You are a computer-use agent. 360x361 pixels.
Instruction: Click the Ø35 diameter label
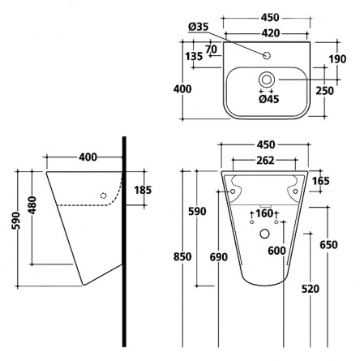(x=199, y=27)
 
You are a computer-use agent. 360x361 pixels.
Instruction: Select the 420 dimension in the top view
(x=271, y=33)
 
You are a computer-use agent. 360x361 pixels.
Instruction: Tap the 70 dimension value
(x=211, y=49)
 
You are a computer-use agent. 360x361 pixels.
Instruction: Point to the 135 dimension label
(x=194, y=57)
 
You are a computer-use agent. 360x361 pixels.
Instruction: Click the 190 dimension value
(x=337, y=59)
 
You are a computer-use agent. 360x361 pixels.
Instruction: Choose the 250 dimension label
(x=325, y=91)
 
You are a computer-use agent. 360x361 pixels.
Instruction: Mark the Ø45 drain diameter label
(x=268, y=99)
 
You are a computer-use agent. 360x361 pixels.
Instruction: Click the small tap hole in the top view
(x=267, y=56)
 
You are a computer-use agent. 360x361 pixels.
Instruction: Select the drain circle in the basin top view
(x=267, y=80)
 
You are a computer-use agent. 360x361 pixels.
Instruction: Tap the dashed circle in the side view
(x=103, y=196)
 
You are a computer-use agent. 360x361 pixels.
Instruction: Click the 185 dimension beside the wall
(x=143, y=190)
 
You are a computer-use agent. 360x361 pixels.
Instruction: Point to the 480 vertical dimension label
(x=32, y=204)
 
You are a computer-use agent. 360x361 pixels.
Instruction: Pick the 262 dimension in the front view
(x=265, y=161)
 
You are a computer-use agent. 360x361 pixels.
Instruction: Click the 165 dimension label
(x=321, y=181)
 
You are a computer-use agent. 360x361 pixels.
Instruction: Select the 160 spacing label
(x=264, y=213)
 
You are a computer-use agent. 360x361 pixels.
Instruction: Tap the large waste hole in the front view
(x=264, y=234)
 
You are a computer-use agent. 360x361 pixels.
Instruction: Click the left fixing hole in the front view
(x=233, y=191)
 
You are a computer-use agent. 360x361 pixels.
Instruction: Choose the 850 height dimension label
(x=182, y=256)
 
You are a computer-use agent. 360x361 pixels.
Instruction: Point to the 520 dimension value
(x=311, y=289)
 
